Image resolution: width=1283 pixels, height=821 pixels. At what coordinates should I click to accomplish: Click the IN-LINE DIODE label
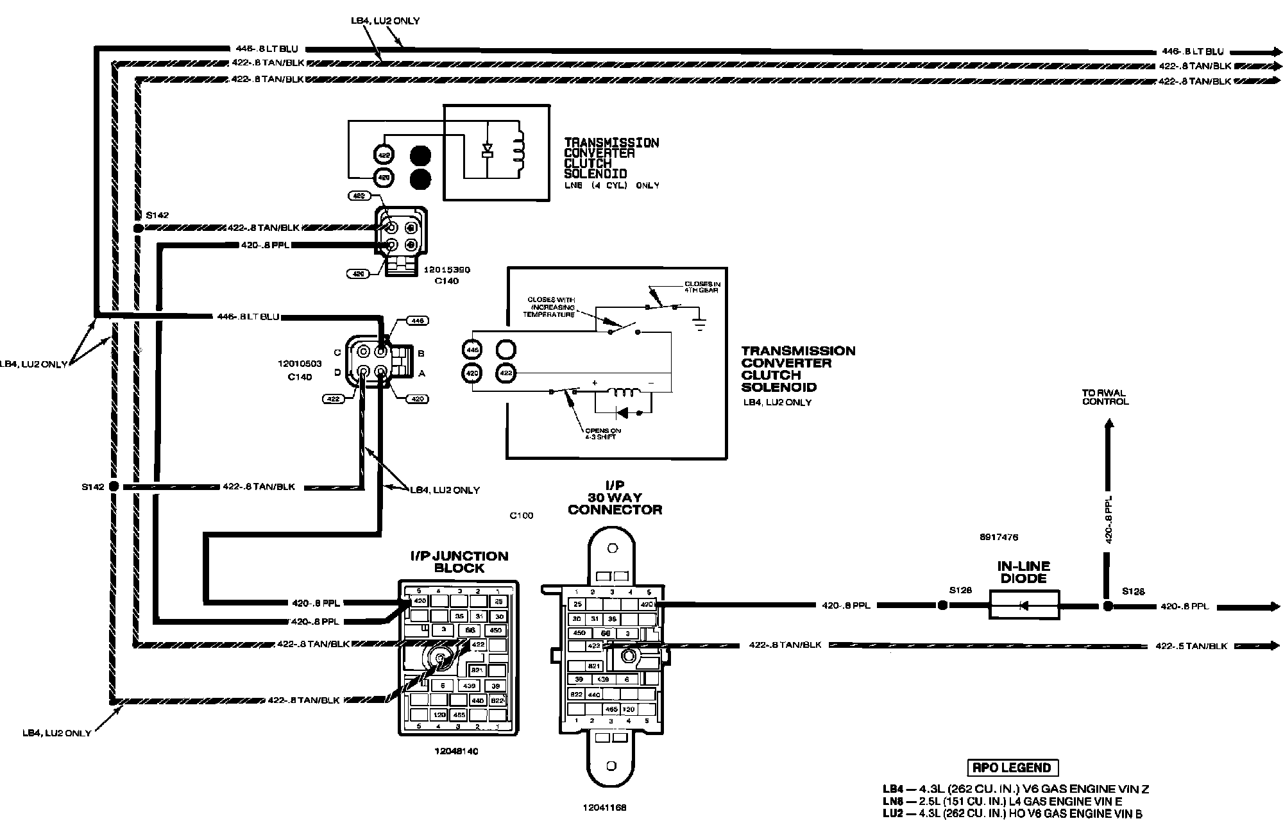point(1023,572)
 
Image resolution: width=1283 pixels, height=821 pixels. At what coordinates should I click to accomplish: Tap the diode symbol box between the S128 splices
point(1024,605)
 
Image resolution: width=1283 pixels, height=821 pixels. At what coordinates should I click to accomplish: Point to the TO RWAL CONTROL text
point(1105,398)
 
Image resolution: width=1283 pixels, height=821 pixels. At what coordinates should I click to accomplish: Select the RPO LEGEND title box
point(1012,768)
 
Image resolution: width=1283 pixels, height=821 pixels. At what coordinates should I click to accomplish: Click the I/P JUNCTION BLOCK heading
point(459,562)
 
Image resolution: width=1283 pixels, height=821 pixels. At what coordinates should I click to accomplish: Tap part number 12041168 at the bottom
point(606,808)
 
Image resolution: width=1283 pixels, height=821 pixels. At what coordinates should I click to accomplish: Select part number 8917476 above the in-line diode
point(999,537)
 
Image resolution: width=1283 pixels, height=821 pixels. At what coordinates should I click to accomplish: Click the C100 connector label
point(521,515)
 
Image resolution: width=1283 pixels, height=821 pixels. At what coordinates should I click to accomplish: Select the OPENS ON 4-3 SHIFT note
point(600,434)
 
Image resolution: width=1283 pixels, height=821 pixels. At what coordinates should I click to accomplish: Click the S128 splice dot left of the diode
point(942,605)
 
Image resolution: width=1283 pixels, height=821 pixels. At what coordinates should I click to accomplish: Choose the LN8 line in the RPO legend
point(1007,802)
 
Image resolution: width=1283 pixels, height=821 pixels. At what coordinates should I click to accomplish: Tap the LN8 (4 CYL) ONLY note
point(611,185)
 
